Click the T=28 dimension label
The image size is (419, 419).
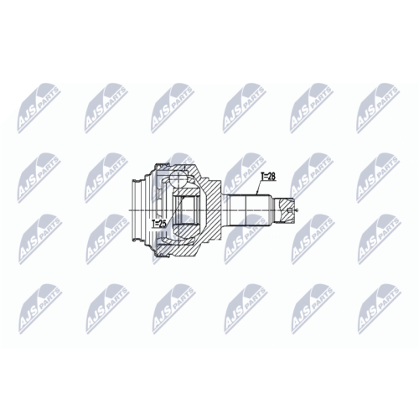(x=268, y=177)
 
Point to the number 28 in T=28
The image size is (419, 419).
(x=272, y=177)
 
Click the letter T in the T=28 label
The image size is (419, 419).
(x=261, y=177)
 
